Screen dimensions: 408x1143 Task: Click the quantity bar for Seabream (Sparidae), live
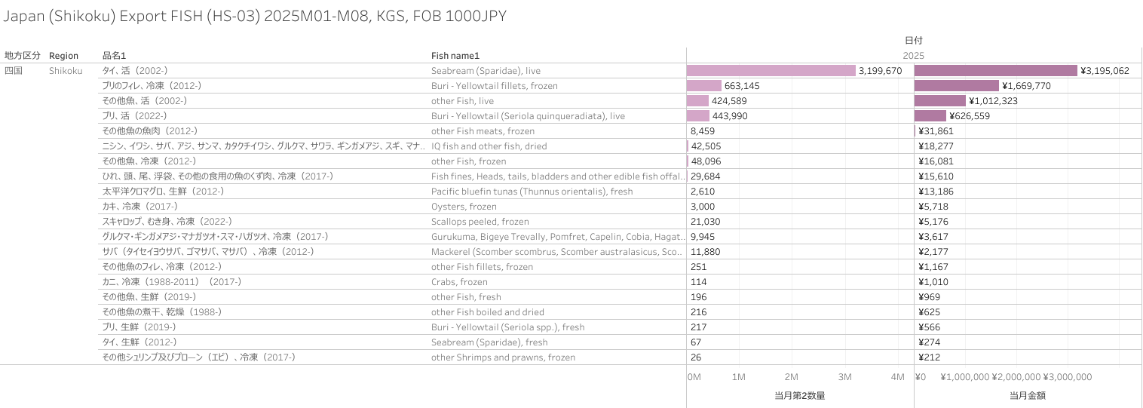[771, 70]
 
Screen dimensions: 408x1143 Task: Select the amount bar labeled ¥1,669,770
[956, 86]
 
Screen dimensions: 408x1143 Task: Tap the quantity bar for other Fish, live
[697, 101]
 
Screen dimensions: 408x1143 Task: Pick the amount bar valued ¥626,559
[930, 116]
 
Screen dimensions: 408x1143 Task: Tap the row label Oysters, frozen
[464, 207]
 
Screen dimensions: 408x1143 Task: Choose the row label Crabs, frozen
[459, 282]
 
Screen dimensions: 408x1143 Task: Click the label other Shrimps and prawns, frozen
[503, 357]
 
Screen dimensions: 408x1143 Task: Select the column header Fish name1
[455, 56]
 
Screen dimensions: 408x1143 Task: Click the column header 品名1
[114, 56]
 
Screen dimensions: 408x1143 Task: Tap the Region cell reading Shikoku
[66, 71]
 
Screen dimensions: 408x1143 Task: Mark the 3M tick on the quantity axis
[844, 377]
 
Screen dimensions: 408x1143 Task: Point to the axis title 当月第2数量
[799, 395]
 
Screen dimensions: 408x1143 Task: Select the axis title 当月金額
[1027, 395]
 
